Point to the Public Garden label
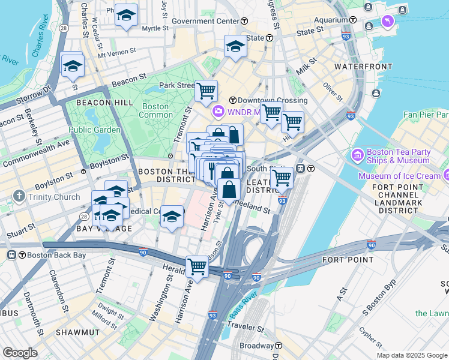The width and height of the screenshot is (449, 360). [90, 130]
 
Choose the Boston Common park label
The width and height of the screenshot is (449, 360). [155, 110]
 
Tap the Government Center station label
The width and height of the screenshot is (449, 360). [205, 21]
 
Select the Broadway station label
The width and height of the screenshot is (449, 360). [256, 346]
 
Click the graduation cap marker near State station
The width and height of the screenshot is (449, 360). [235, 46]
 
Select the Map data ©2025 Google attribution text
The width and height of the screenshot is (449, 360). [412, 355]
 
